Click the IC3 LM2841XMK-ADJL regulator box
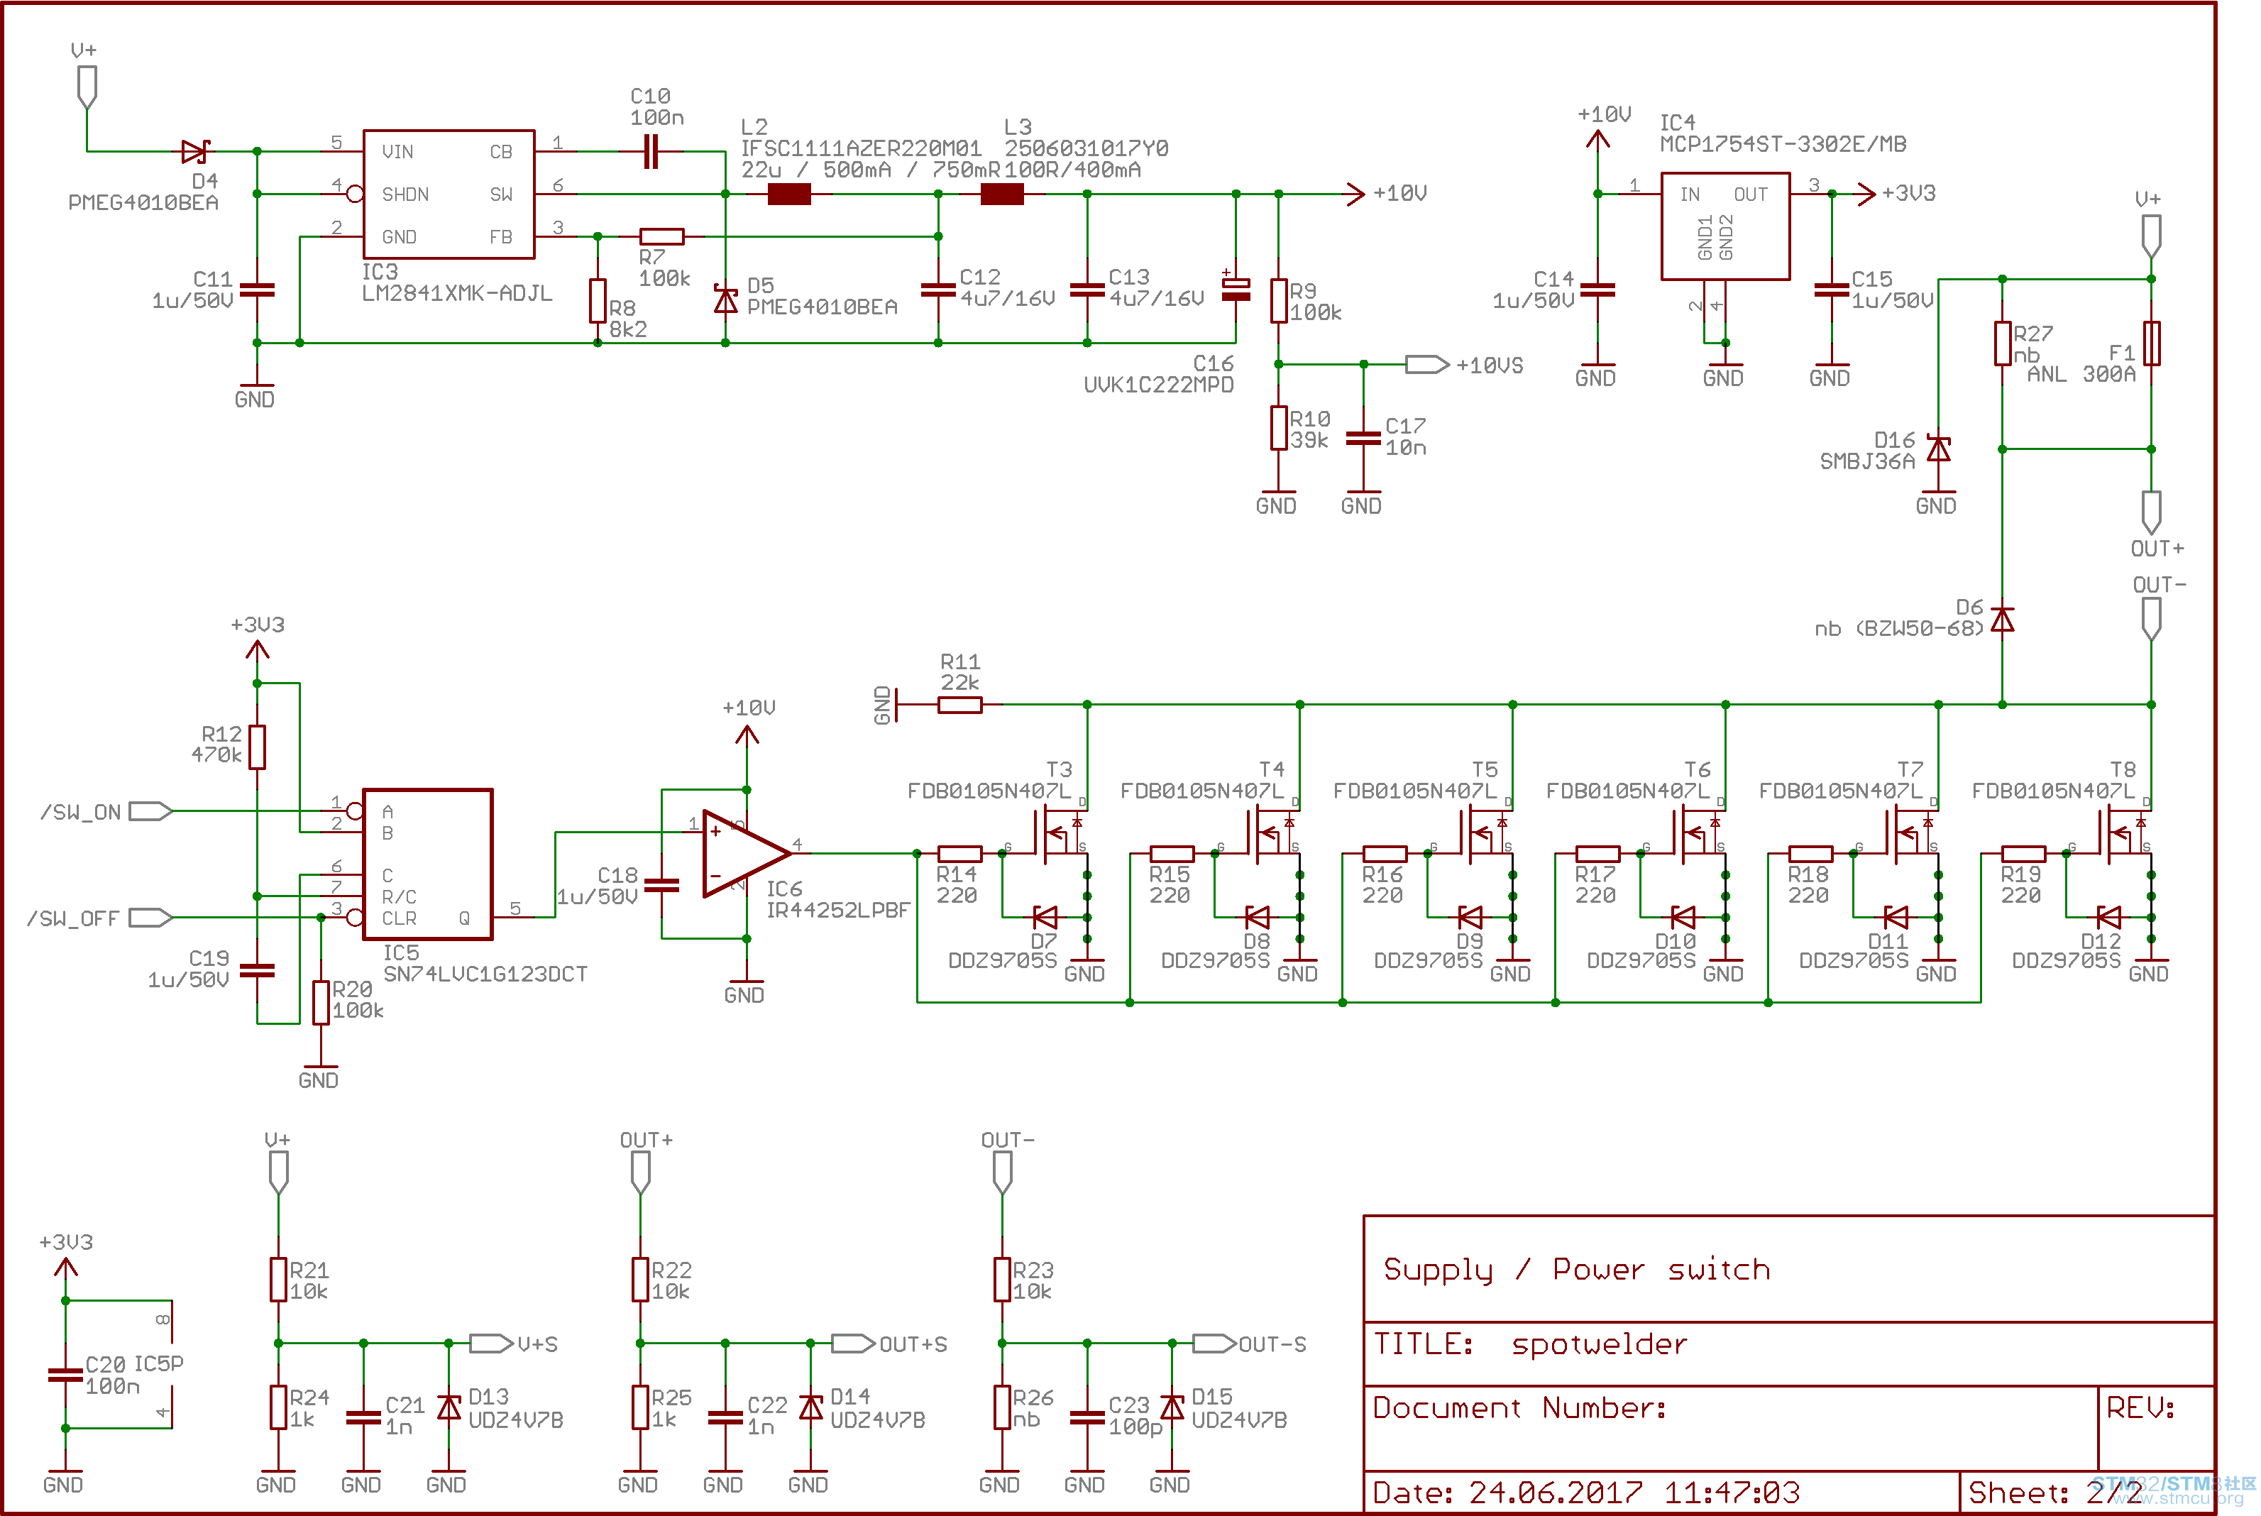coord(449,194)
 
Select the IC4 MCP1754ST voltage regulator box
coord(1725,226)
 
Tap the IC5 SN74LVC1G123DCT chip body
coord(427,864)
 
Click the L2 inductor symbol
coord(788,194)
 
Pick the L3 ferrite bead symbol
coord(1003,194)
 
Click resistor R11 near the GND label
coord(960,705)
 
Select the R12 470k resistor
coord(257,747)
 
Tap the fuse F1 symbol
coord(2152,344)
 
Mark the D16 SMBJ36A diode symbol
coord(1938,449)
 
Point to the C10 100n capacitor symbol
coord(651,152)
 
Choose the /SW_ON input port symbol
coord(150,811)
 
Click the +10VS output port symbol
coord(1426,365)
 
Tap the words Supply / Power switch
coord(1577,1270)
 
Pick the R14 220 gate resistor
coord(960,854)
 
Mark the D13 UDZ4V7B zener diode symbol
coord(449,1407)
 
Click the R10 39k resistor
coord(1279,428)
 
